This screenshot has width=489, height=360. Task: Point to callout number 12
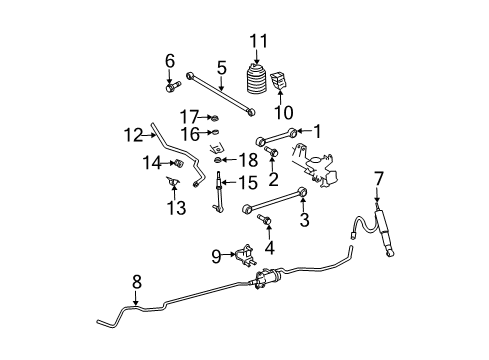tap(133, 132)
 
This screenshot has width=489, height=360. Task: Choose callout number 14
tap(150, 160)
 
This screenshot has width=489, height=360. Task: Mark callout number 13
tap(176, 207)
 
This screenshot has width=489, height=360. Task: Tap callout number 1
tap(318, 130)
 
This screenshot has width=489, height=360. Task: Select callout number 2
tap(273, 180)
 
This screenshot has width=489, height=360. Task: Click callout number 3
tap(304, 219)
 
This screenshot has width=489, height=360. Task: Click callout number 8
tap(136, 282)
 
